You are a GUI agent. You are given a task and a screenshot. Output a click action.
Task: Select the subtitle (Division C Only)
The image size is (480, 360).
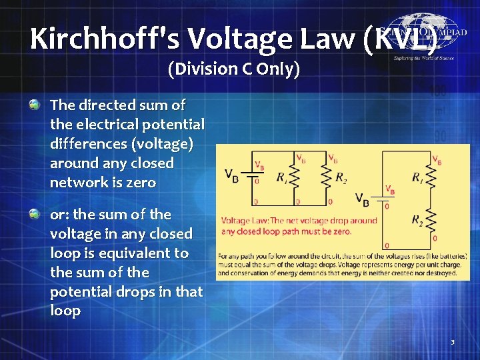pos(234,69)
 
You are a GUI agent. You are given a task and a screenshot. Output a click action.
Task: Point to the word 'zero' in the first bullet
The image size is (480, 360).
pos(140,183)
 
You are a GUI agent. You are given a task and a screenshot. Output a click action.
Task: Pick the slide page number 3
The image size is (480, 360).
pos(453,342)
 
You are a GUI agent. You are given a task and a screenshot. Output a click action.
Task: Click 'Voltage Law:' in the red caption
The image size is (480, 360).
pos(244,221)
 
